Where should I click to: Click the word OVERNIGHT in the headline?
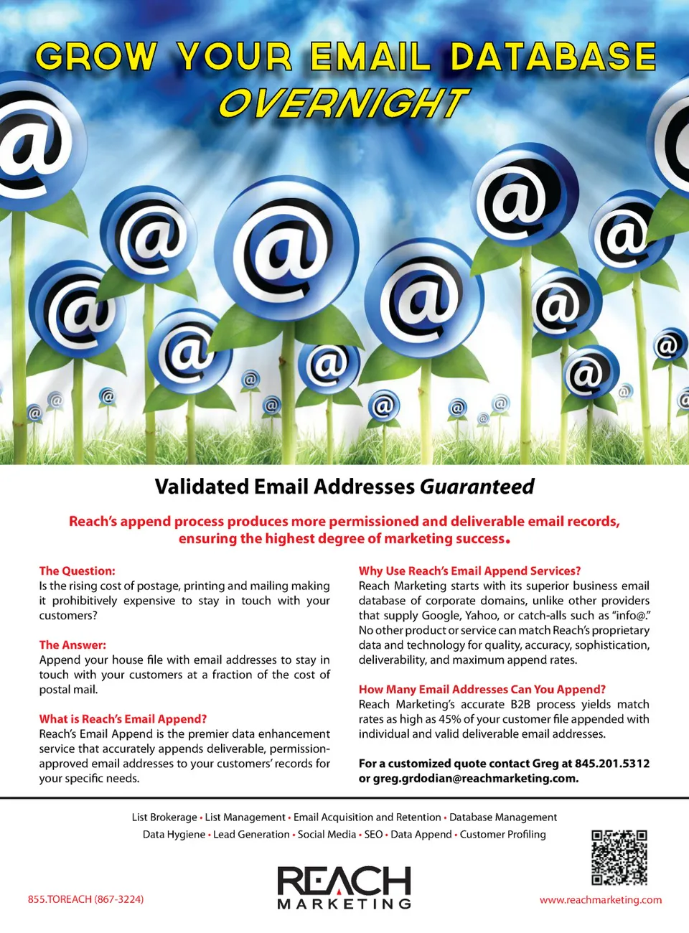coord(343,103)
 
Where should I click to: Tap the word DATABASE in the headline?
coord(553,57)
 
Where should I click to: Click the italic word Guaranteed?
coord(477,487)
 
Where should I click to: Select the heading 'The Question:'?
coord(77,571)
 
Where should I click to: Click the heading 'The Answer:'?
coord(72,644)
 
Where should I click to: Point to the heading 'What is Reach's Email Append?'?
coord(123,718)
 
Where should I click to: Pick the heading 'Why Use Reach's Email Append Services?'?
coord(469,571)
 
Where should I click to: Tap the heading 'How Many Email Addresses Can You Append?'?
coord(482,689)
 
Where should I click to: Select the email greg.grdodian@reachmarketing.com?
coord(475,778)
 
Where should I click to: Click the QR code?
coord(619,858)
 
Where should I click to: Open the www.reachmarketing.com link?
coord(601,900)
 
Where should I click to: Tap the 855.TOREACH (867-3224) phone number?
coord(85,899)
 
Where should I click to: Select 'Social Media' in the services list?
coord(327,834)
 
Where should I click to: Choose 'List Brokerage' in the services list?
coord(164,817)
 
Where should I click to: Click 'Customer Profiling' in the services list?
coord(502,834)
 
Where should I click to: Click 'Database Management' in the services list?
coord(502,817)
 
